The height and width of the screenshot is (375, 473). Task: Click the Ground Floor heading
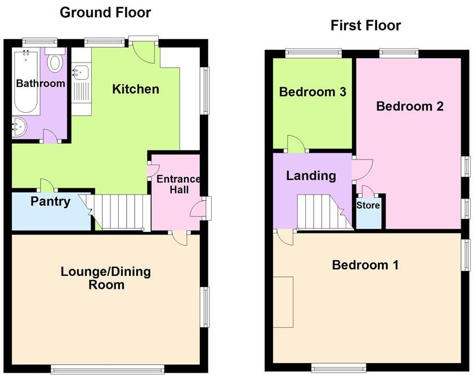click(105, 12)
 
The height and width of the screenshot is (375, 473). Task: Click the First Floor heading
click(365, 25)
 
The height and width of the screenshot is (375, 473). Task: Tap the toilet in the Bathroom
click(55, 61)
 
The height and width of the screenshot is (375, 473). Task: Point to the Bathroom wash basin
click(18, 127)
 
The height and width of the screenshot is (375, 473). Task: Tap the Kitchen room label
click(136, 89)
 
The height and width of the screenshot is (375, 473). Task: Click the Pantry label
click(51, 201)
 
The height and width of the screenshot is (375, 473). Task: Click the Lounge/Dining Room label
click(106, 278)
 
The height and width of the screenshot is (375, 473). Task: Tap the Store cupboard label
click(368, 205)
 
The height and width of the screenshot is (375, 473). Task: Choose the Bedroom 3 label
click(313, 92)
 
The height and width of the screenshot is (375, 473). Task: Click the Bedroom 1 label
click(365, 265)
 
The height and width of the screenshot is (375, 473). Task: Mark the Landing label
click(311, 175)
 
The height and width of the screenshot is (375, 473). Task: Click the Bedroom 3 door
click(296, 144)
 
